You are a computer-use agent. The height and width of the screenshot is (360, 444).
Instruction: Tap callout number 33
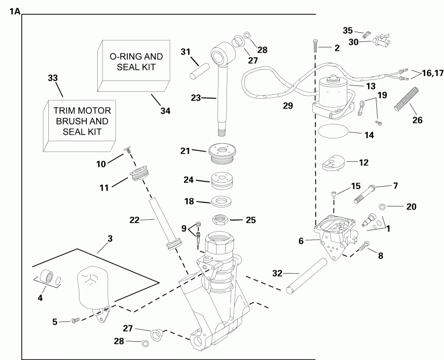[52, 78]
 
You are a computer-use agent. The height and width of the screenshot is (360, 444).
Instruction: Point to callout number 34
[165, 111]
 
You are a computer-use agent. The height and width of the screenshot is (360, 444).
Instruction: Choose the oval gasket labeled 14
[332, 132]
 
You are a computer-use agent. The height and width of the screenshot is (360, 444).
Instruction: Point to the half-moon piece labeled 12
[333, 163]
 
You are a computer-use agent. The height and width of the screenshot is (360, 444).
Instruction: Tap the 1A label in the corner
[14, 11]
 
